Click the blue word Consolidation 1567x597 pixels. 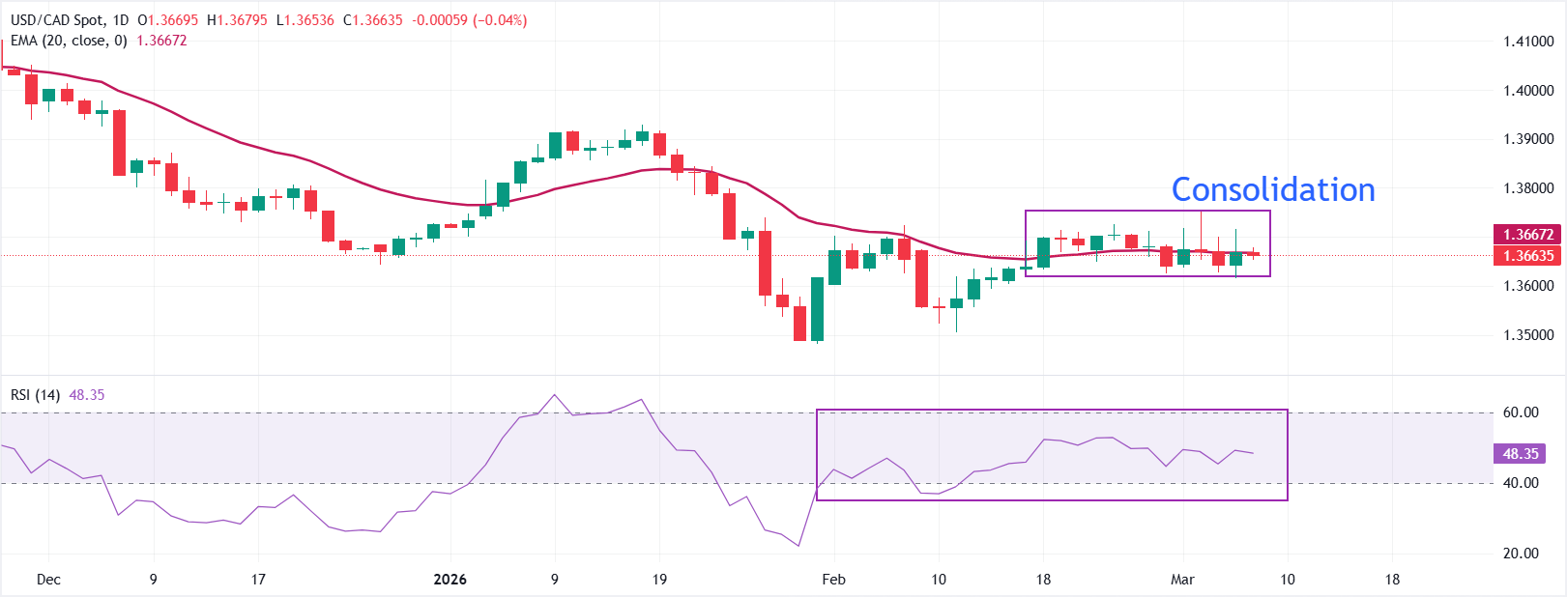(x=1273, y=190)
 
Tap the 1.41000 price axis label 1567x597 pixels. (x=1528, y=42)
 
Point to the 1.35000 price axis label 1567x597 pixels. (x=1528, y=335)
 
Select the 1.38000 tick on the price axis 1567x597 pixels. (x=1528, y=188)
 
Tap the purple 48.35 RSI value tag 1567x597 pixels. (x=1521, y=454)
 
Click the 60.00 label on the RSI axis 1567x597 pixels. (x=1521, y=412)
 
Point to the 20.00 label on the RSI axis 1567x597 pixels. (x=1521, y=554)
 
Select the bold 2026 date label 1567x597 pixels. (x=450, y=580)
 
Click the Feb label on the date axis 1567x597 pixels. (x=833, y=580)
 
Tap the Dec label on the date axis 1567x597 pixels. (x=48, y=580)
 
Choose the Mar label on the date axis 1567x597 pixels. (x=1182, y=580)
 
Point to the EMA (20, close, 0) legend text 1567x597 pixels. (x=69, y=41)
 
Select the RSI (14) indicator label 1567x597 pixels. (x=35, y=395)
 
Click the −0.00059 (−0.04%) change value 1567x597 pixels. (x=470, y=20)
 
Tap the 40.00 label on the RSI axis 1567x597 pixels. (x=1521, y=483)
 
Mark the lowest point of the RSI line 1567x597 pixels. (x=799, y=546)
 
